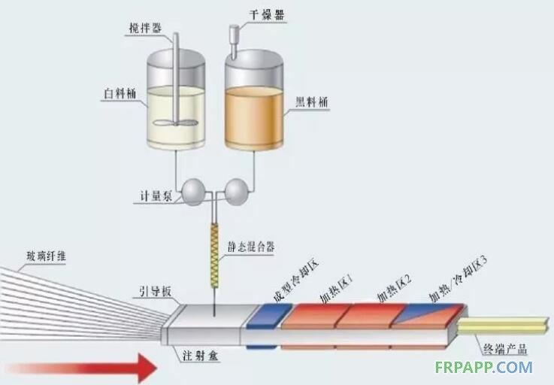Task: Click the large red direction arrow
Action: point(83,368)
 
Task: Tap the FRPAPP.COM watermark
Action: point(483,368)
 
